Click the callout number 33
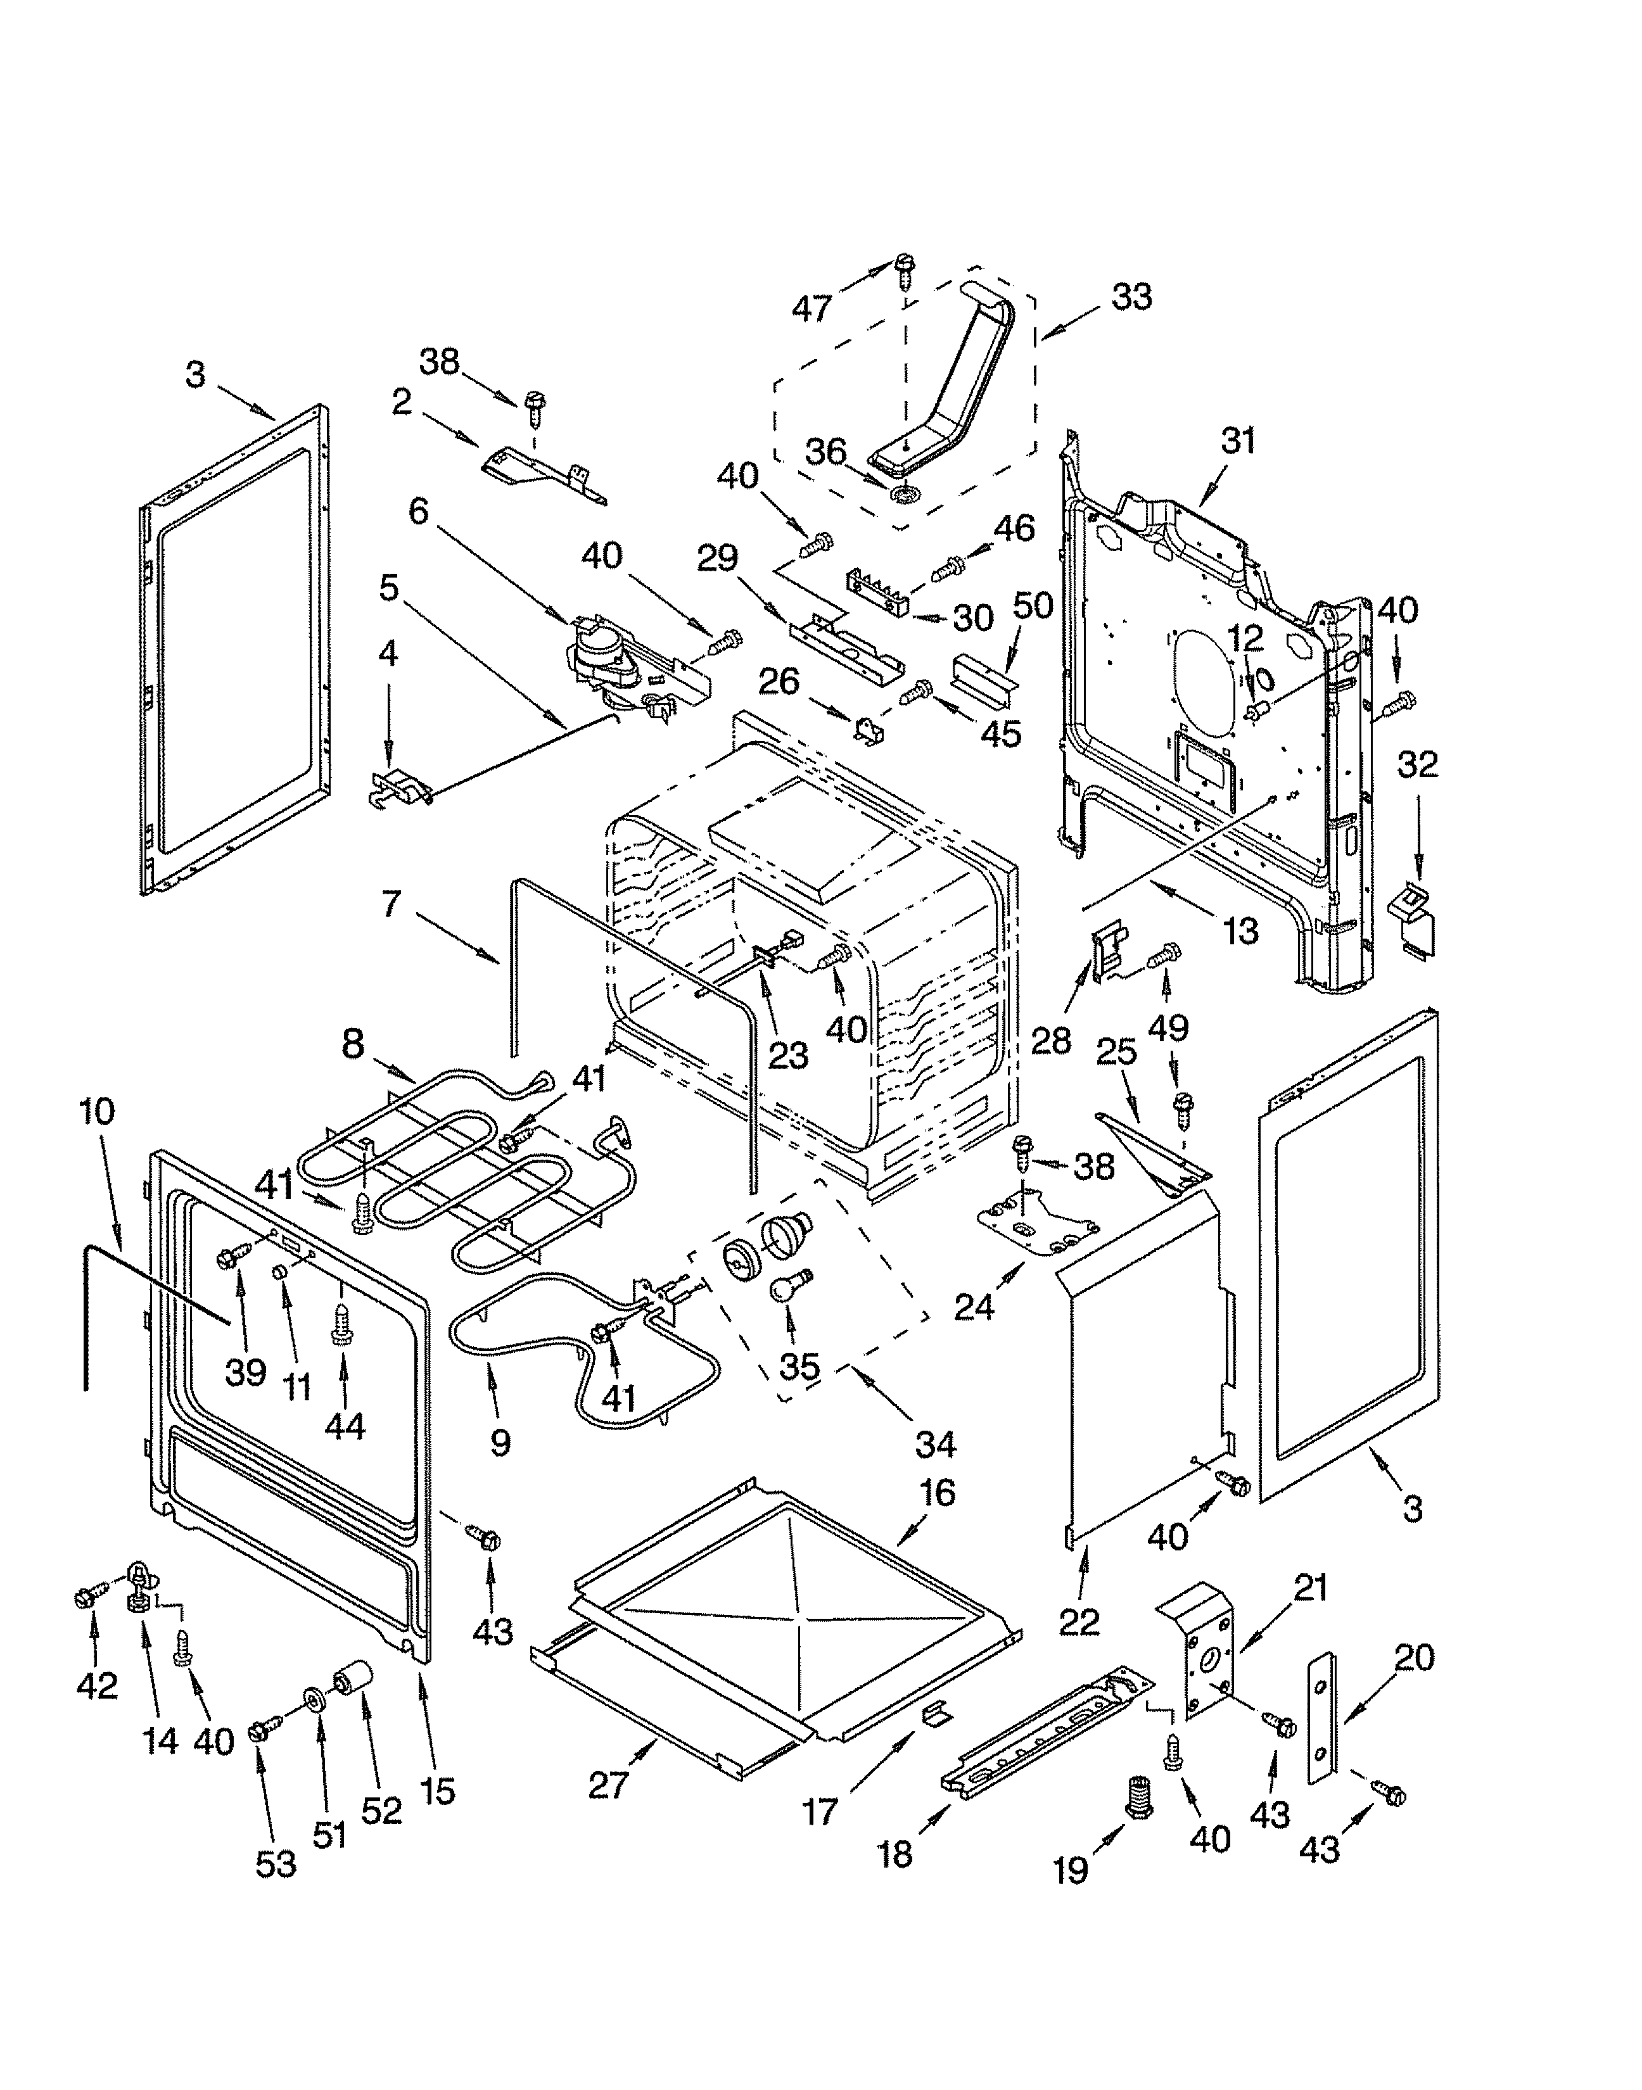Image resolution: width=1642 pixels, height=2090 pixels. coord(1131,297)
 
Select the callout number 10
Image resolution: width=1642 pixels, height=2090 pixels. coord(97,1111)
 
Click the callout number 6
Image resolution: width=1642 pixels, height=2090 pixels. coord(418,511)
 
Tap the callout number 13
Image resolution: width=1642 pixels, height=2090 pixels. coord(1241,930)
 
